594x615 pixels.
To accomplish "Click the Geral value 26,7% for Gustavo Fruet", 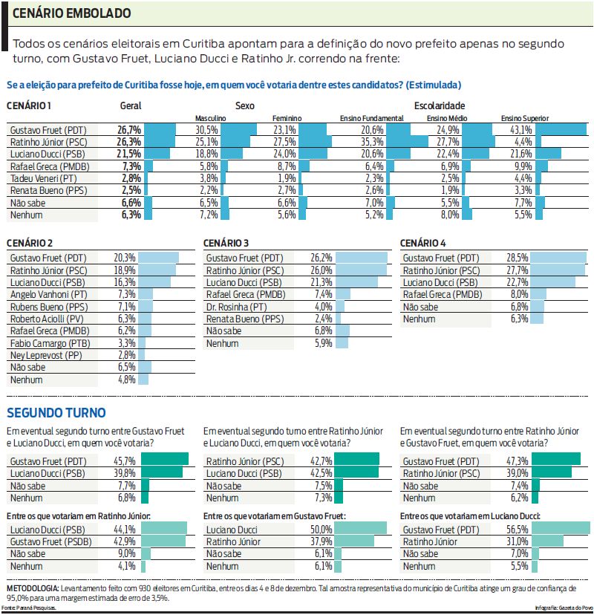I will [x=128, y=129].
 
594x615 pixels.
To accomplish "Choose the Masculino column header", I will [x=210, y=118].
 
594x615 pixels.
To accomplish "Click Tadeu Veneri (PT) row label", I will [x=45, y=178].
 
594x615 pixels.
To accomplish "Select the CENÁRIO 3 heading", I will [x=226, y=243].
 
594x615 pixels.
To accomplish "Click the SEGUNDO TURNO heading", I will [x=56, y=413].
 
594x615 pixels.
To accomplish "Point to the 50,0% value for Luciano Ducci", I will [x=320, y=529].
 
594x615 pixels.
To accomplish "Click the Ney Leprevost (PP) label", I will [x=46, y=355].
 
